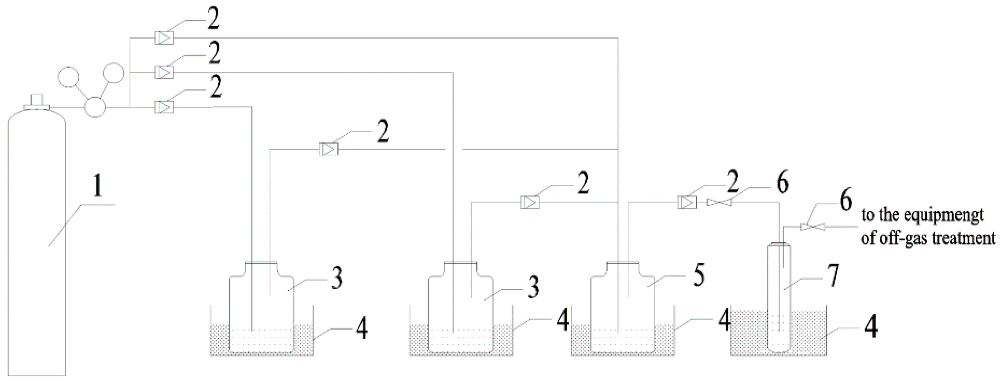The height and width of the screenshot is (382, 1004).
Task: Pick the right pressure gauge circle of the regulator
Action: (113, 73)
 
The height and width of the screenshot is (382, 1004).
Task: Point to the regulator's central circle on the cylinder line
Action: (95, 107)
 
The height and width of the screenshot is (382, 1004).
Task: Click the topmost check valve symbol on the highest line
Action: (164, 38)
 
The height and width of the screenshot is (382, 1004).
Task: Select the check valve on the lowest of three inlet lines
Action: (164, 107)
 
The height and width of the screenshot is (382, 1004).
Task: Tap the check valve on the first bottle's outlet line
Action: (329, 149)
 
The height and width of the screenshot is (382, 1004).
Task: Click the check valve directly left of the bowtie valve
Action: (687, 202)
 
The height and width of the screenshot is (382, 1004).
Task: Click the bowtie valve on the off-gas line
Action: (813, 226)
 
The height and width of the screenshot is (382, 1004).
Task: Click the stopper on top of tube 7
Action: (779, 244)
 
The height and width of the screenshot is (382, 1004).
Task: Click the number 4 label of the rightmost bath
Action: (871, 327)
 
